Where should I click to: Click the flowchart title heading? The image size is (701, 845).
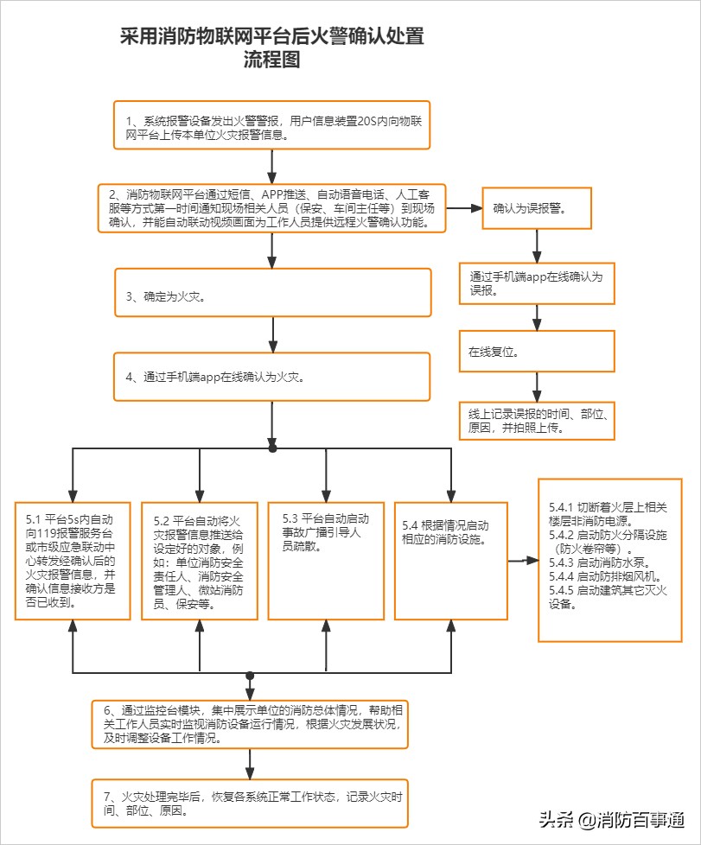click(271, 49)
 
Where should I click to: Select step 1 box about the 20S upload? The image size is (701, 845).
click(271, 125)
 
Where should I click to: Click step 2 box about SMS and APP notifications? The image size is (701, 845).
click(271, 208)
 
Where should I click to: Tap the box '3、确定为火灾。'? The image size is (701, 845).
click(271, 293)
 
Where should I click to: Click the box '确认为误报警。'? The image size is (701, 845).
click(536, 208)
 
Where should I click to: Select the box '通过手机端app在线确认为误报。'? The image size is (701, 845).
click(536, 283)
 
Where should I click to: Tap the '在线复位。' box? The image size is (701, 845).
click(536, 352)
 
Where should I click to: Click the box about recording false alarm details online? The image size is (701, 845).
click(536, 420)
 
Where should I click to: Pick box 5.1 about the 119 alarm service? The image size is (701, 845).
click(72, 560)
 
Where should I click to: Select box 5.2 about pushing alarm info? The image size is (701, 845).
click(200, 560)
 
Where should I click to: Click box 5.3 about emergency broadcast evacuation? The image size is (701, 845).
click(326, 560)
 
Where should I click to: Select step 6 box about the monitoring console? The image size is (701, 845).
click(250, 723)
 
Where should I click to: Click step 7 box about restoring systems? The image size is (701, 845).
click(250, 804)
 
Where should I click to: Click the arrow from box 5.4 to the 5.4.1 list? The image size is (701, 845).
click(523, 561)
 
